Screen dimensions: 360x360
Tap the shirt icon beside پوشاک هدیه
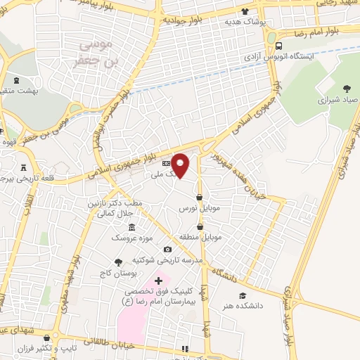click(245, 11)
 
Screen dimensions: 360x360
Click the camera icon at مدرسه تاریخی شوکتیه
click(167, 249)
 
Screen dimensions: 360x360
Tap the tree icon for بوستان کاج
click(127, 261)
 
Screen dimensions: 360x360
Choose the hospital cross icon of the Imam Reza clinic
click(159, 281)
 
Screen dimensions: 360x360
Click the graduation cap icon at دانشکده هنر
click(243, 296)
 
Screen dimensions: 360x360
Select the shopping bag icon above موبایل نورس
click(200, 198)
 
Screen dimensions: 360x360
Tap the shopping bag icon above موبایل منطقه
click(201, 227)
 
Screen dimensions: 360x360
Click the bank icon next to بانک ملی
click(165, 164)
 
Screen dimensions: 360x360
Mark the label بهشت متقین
click(23, 91)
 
